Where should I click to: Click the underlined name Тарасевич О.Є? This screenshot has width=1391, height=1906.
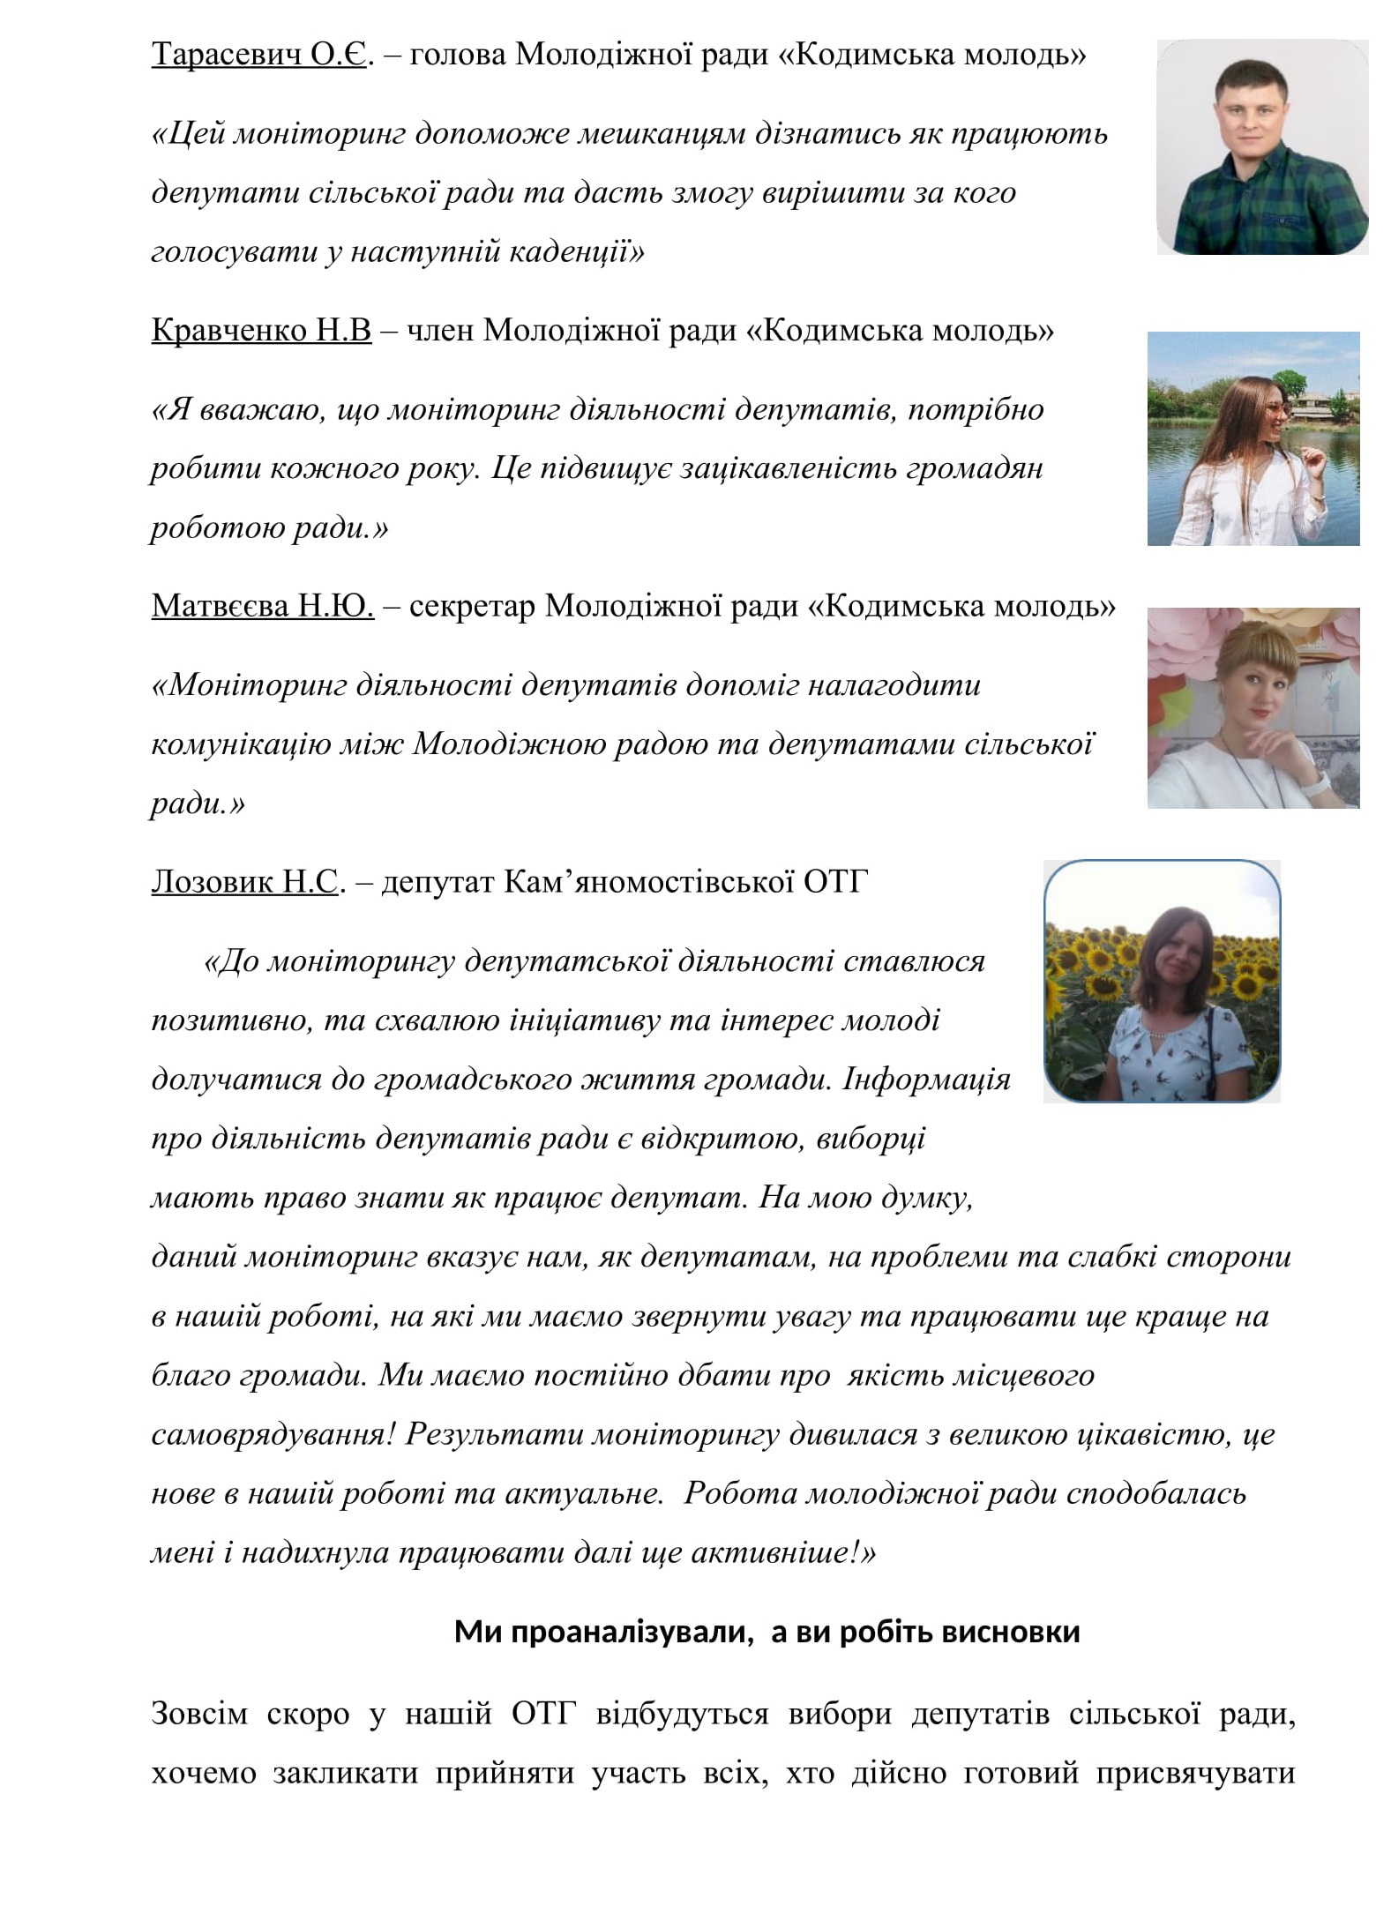tap(258, 55)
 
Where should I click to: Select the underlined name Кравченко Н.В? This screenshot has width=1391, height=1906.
tap(261, 330)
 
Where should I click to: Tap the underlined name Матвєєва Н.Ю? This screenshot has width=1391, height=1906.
tap(263, 606)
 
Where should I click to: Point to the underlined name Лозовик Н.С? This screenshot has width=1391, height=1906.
tap(244, 881)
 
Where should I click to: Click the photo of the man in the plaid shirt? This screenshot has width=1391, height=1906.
tap(1261, 147)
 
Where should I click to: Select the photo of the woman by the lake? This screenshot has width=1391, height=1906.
tap(1253, 438)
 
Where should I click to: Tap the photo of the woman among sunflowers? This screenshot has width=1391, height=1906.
tap(1161, 981)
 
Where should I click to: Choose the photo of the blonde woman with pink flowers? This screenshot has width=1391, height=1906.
tap(1253, 707)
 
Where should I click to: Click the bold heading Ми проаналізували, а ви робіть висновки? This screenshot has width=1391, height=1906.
tap(767, 1632)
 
